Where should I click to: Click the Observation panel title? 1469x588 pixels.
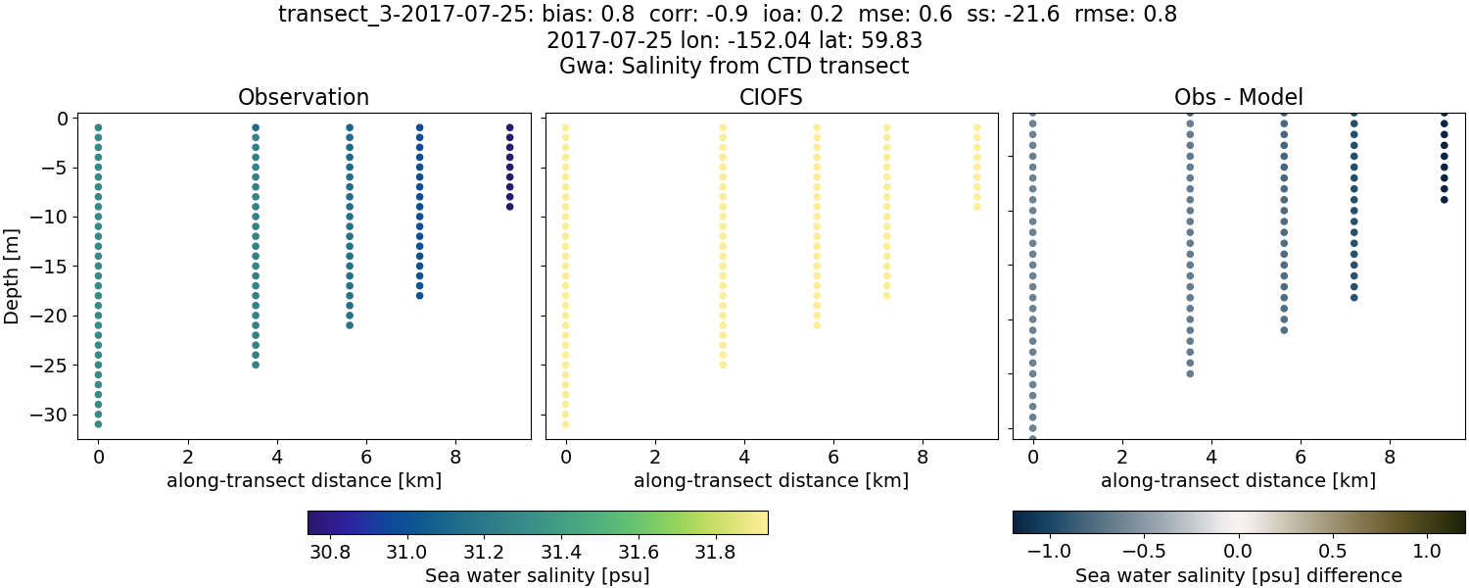click(304, 98)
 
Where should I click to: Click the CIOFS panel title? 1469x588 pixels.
click(771, 98)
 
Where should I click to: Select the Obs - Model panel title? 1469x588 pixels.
click(1238, 98)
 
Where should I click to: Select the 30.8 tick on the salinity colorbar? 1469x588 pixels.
click(329, 552)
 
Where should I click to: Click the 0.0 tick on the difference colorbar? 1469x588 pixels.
click(1239, 552)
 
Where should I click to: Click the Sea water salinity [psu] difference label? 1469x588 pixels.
click(1238, 575)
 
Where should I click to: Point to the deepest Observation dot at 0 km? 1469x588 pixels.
click(98, 423)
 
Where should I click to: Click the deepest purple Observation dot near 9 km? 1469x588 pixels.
click(509, 207)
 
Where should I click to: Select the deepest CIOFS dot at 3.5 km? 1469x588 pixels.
click(723, 365)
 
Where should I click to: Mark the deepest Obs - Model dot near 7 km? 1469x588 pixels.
click(1354, 297)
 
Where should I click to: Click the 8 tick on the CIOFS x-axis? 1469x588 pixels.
click(923, 456)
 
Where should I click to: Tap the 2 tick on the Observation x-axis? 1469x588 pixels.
click(187, 456)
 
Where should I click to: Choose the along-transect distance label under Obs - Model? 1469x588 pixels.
click(1238, 481)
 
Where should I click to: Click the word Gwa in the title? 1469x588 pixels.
click(579, 67)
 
